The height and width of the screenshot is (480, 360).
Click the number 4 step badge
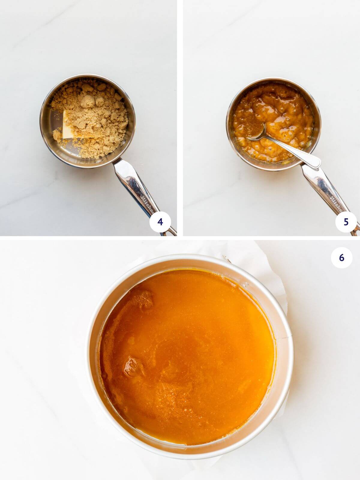click(x=160, y=222)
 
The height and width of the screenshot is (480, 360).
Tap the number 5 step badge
click(x=346, y=222)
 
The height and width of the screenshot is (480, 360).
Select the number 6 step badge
click(x=341, y=258)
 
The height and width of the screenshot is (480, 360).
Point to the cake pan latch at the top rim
click(x=227, y=258)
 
